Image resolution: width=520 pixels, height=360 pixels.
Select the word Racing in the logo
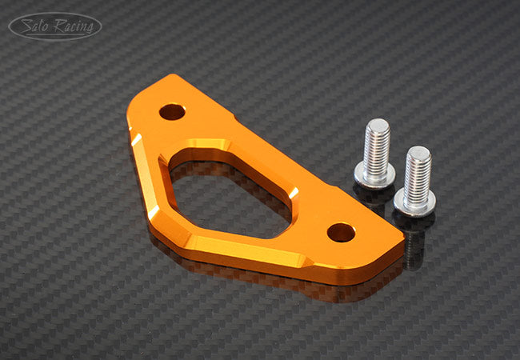pyautogui.click(x=74, y=26)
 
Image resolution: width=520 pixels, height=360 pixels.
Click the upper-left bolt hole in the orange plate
pyautogui.click(x=172, y=112)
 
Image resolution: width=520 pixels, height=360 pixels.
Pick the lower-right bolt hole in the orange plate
pyautogui.click(x=342, y=232)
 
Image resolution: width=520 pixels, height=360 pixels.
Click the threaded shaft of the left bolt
pyautogui.click(x=377, y=146)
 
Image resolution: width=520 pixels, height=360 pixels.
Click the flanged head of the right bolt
pyautogui.click(x=415, y=205)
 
